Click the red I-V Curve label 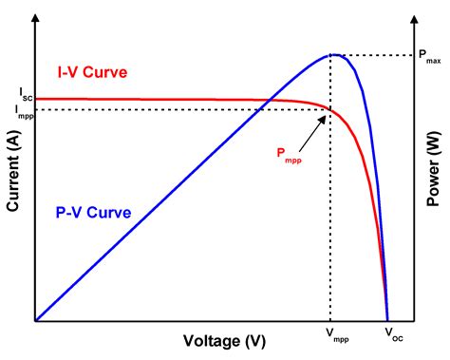click(86, 73)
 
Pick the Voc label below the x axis click(392, 335)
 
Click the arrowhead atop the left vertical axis click(35, 13)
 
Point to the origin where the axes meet click(35, 321)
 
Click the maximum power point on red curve click(329, 110)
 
